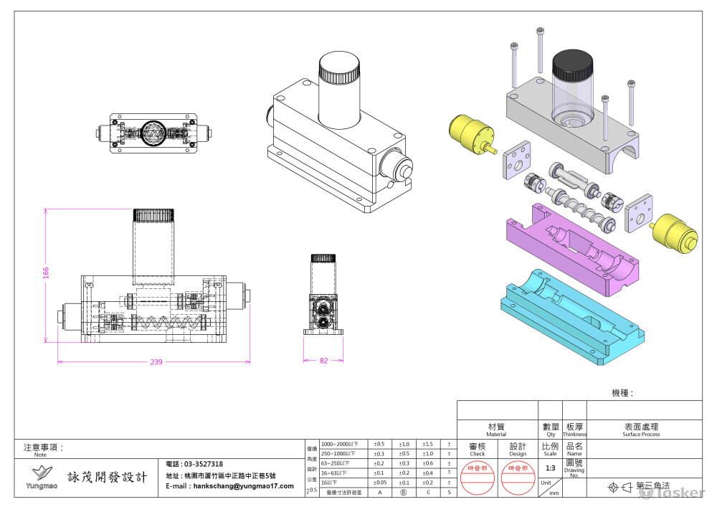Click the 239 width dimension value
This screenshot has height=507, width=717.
coord(156,362)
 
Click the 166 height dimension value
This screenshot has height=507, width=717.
coord(45,273)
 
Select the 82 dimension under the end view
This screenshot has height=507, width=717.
coord(323,361)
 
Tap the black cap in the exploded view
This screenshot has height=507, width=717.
coord(572,65)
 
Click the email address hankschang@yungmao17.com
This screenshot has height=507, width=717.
coord(229,485)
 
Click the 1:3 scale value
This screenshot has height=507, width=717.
coord(550,468)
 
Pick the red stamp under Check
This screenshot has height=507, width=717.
coord(477,477)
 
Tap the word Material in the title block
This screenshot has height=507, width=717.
coord(496,434)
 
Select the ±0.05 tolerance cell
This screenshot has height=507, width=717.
coord(379,483)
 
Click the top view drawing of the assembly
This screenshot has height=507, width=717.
coord(153,133)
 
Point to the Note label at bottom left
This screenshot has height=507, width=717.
coord(40,454)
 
